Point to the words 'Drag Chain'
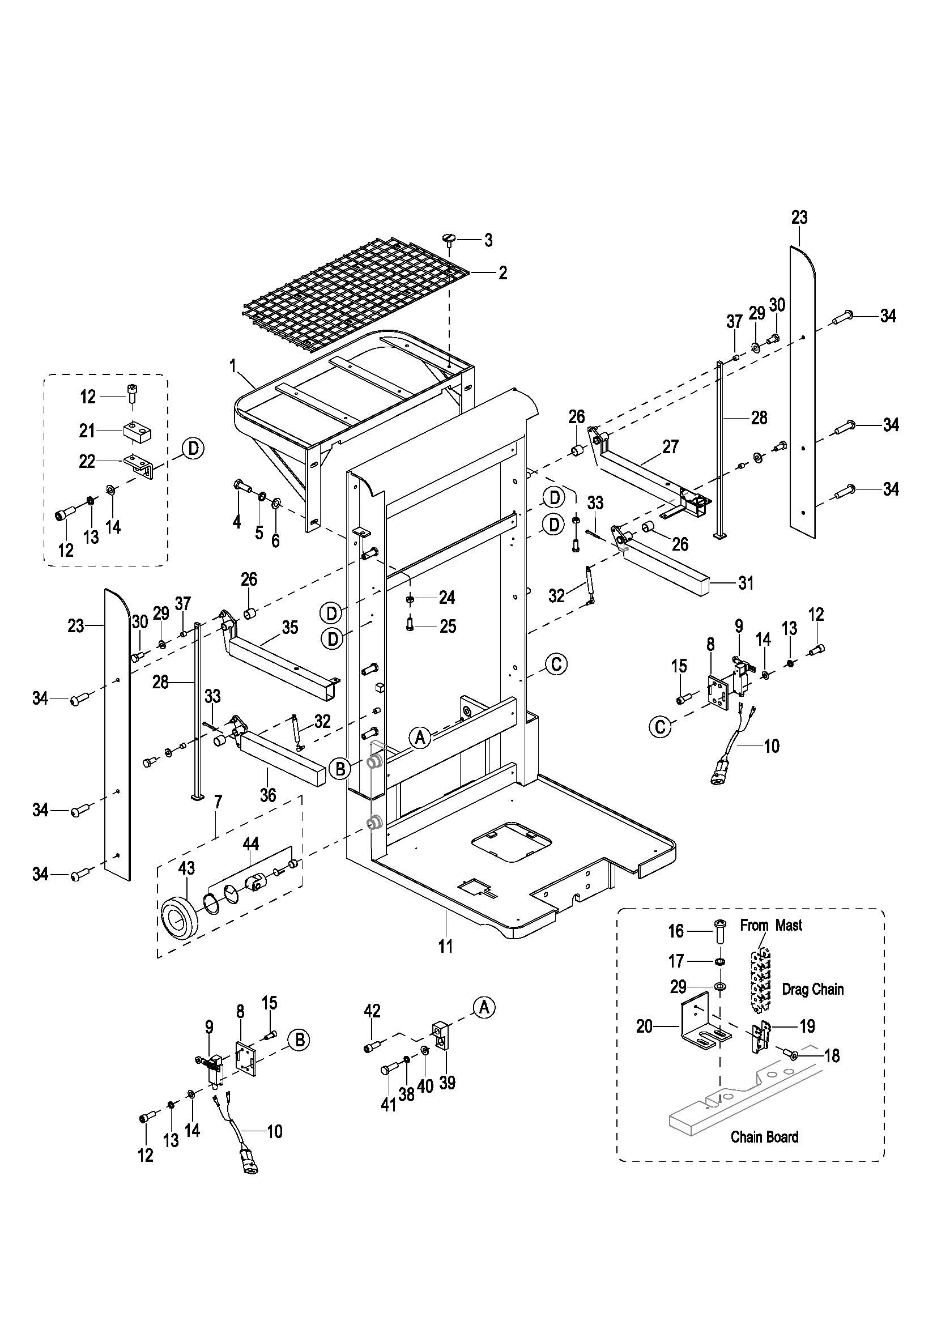pos(812,989)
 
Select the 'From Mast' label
pos(771,926)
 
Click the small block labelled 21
pos(136,430)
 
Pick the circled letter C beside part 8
pos(661,727)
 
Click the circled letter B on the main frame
pos(340,768)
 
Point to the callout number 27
pos(670,446)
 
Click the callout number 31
pos(746,583)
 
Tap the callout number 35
pos(289,628)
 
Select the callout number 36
pos(268,795)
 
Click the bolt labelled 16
pos(720,931)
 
